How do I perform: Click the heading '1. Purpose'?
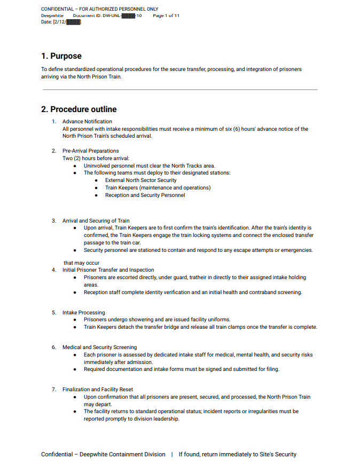[61, 56]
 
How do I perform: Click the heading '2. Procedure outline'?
[79, 109]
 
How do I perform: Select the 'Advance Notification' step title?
[87, 122]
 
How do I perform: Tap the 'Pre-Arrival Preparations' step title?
[90, 151]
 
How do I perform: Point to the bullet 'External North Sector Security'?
[140, 180]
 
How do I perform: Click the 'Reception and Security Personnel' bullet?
[145, 195]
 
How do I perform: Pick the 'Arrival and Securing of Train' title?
[96, 220]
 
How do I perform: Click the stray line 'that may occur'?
[81, 263]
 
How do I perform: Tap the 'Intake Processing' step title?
[83, 312]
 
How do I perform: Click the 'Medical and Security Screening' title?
[99, 347]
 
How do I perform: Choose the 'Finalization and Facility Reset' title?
[98, 389]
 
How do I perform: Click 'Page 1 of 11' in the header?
[166, 16]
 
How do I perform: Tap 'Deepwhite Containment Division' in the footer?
[122, 454]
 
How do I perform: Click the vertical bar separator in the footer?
[172, 454]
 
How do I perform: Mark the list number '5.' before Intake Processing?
[54, 312]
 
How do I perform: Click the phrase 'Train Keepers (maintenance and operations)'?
[158, 188]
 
